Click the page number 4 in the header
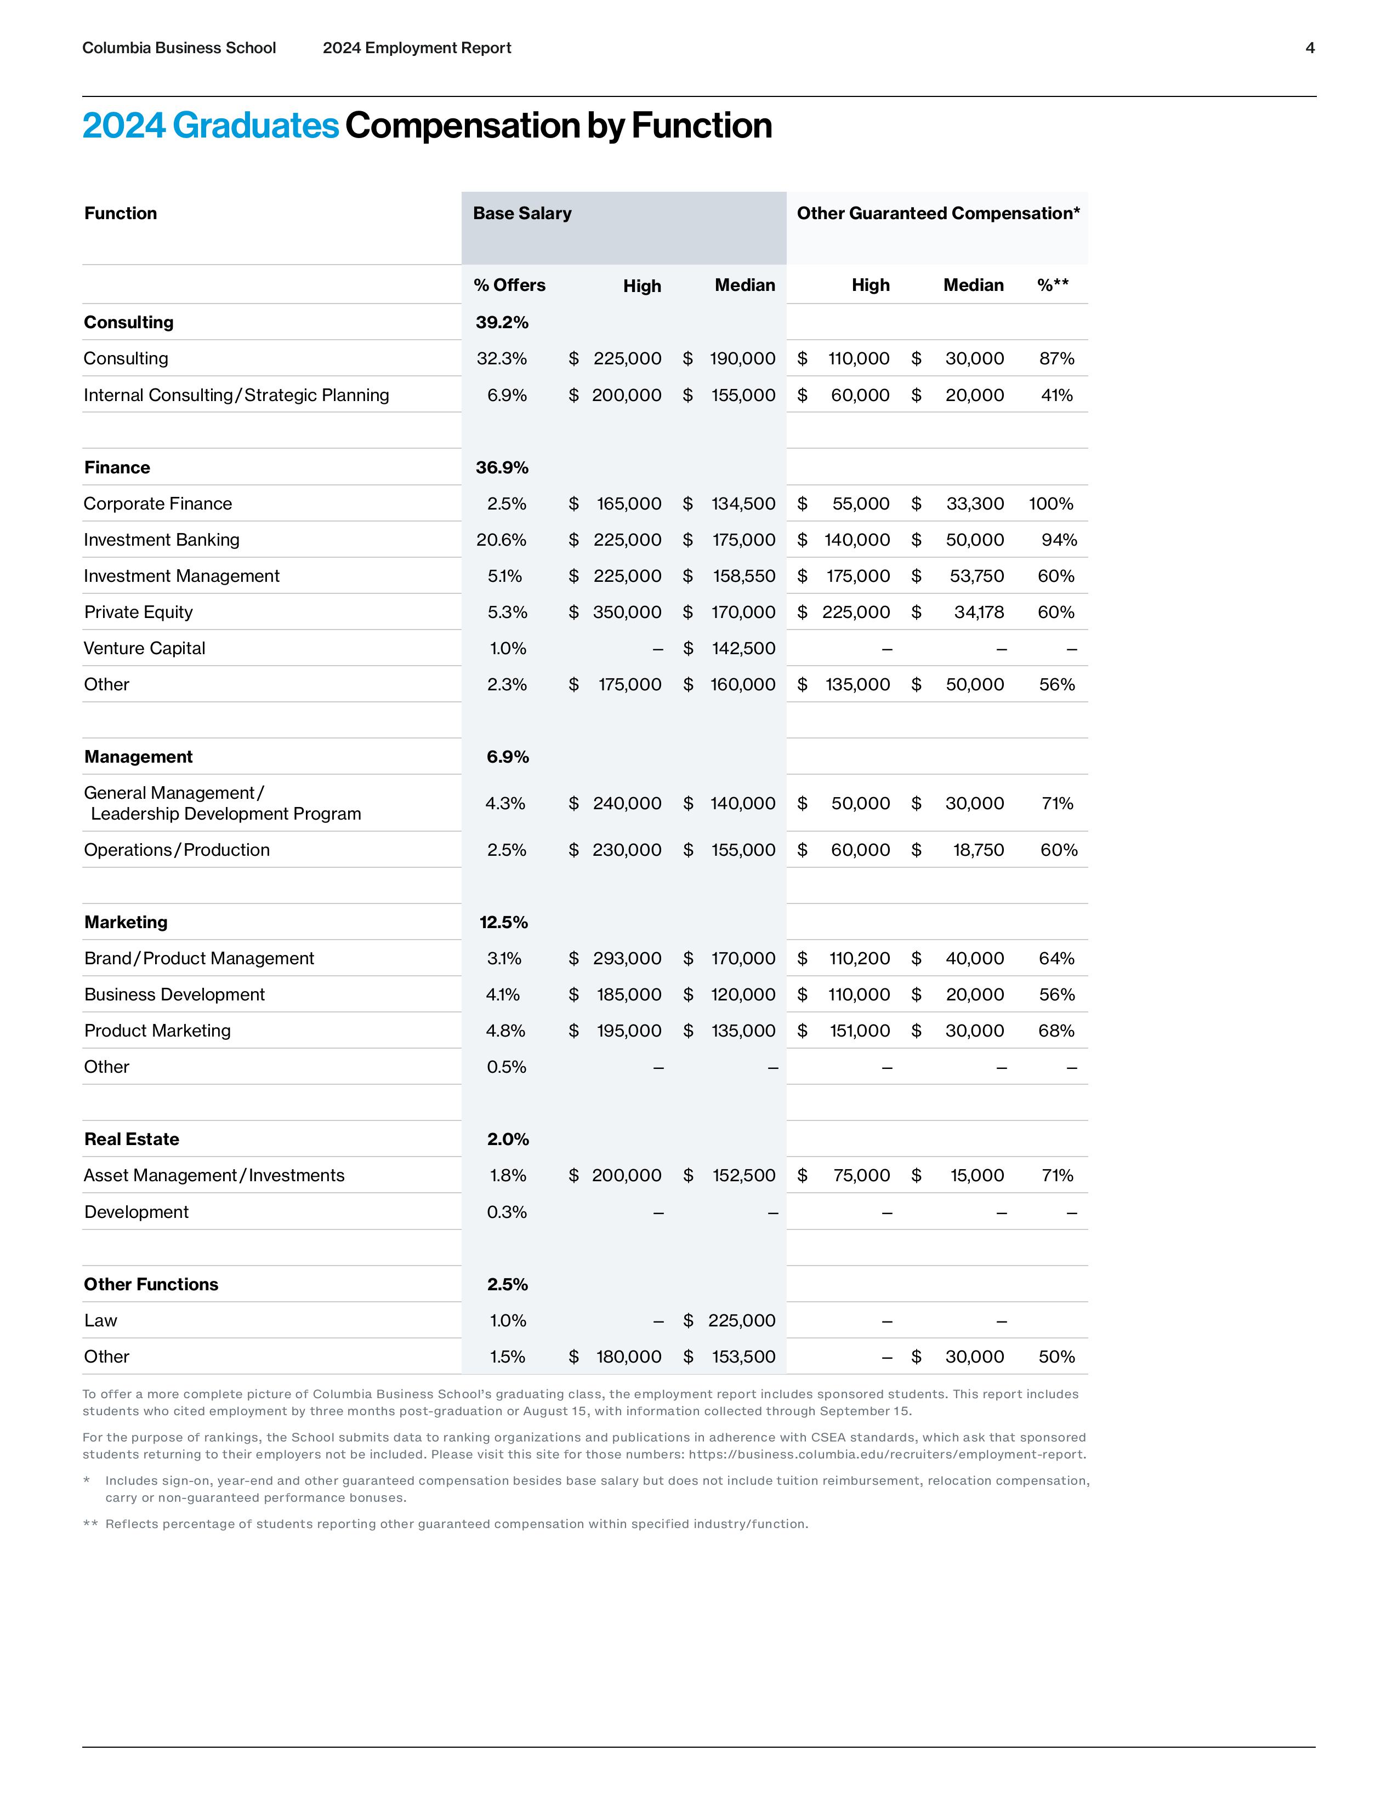(x=1309, y=48)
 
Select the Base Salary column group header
(x=522, y=214)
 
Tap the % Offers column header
(x=509, y=285)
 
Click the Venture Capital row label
(x=144, y=648)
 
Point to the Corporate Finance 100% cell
(x=1051, y=504)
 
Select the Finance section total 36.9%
(x=502, y=468)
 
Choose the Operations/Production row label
(x=177, y=850)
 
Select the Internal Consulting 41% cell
(x=1057, y=396)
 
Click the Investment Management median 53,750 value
(x=976, y=576)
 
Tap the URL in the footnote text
(x=886, y=1455)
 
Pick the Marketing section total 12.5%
(x=503, y=922)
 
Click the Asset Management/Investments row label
(x=214, y=1176)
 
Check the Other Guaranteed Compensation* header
(x=937, y=214)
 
